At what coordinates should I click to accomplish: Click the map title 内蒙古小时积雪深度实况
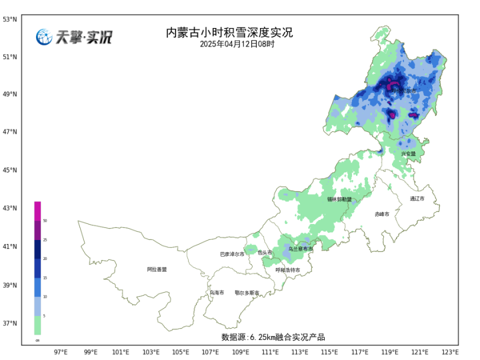(x=229, y=33)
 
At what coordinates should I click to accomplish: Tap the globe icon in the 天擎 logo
(x=44, y=37)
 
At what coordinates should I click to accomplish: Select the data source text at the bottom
(x=273, y=337)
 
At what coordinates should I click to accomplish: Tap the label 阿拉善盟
(x=157, y=269)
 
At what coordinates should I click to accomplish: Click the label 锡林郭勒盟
(x=339, y=199)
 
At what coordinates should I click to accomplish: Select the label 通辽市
(x=416, y=199)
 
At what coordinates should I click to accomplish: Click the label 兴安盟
(x=408, y=154)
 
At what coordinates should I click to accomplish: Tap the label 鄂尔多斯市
(x=247, y=293)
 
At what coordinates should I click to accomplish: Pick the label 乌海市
(x=217, y=293)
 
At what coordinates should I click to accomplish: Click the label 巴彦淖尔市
(x=232, y=254)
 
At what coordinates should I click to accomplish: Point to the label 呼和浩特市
(x=288, y=270)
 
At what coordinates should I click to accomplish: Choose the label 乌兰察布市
(x=300, y=249)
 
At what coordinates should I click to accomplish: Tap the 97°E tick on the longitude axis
(x=60, y=352)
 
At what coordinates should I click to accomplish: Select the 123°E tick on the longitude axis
(x=449, y=352)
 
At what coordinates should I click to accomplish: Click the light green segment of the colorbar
(x=37, y=325)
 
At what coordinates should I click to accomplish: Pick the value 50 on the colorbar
(x=45, y=220)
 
